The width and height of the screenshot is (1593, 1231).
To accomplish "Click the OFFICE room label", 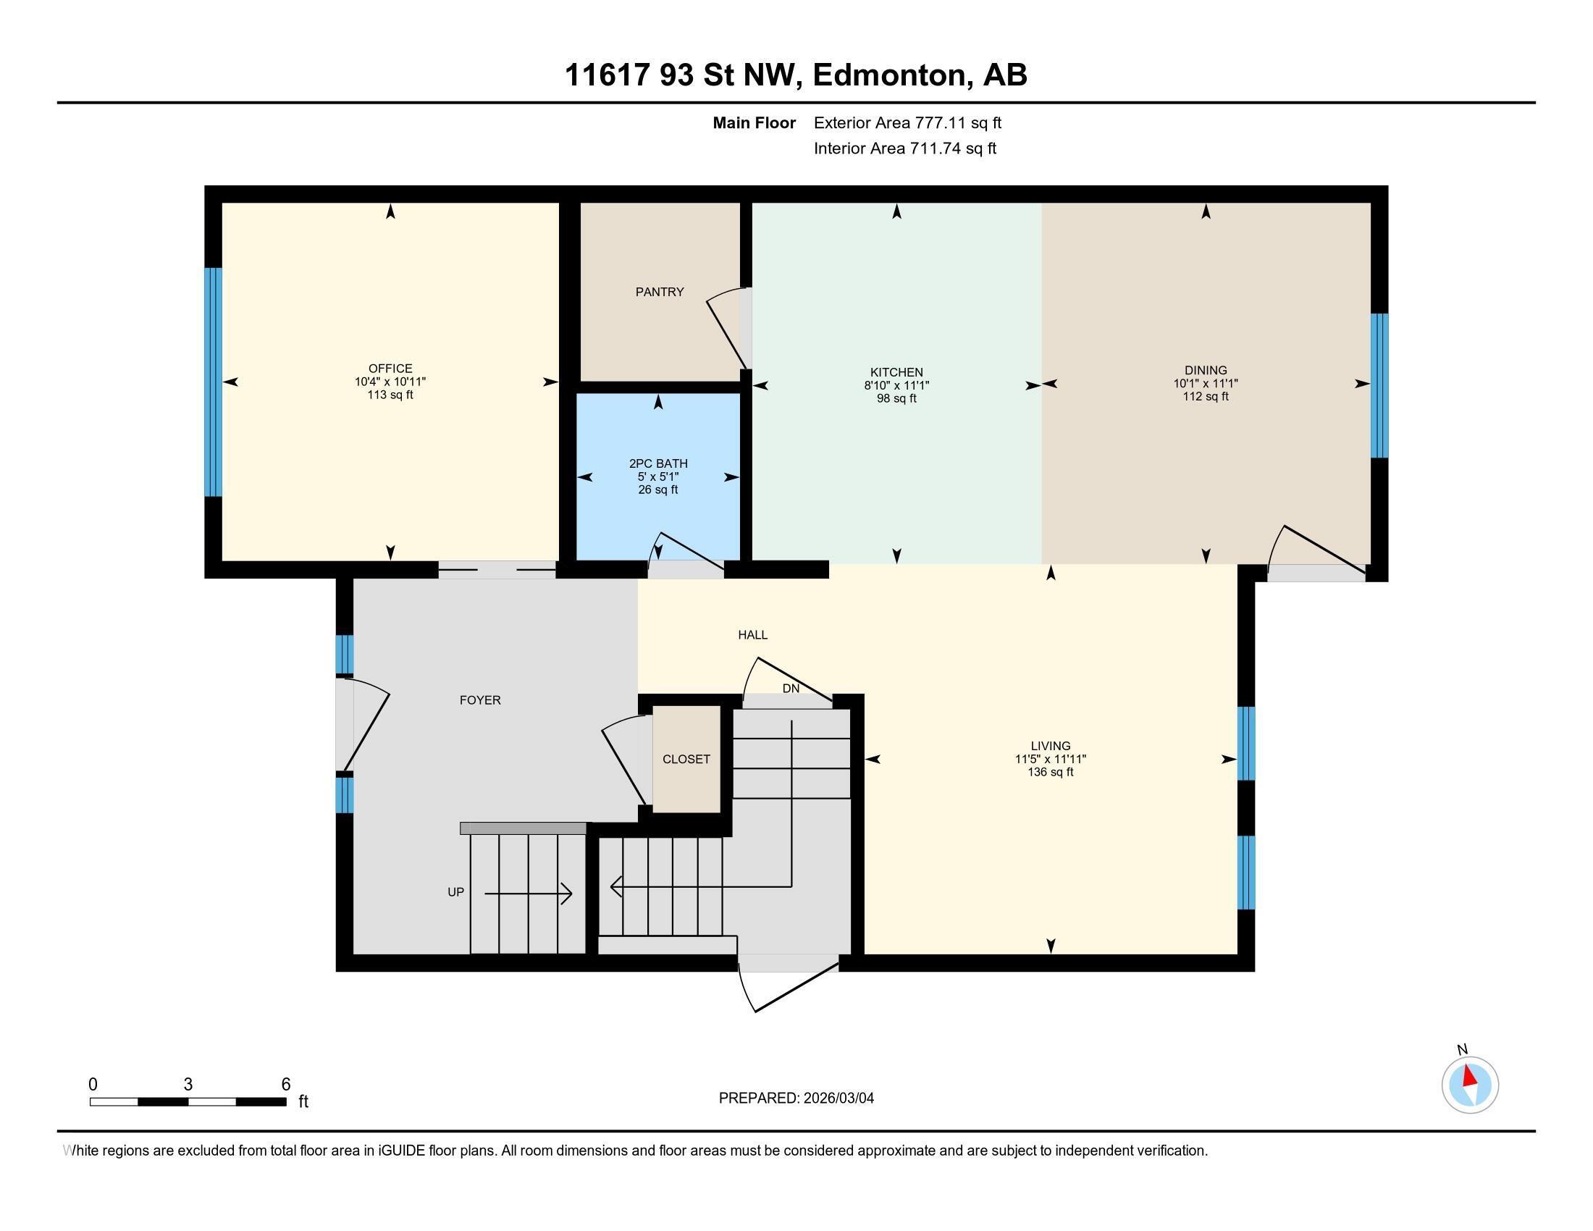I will (x=390, y=369).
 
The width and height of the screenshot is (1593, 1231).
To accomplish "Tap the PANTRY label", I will (x=660, y=292).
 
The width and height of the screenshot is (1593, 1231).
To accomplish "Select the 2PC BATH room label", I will (x=658, y=463).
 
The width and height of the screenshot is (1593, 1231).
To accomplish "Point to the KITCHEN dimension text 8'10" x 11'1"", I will (x=896, y=385).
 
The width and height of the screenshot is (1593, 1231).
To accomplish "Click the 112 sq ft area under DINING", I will (x=1205, y=397).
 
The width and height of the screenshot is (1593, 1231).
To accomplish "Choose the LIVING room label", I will (x=1051, y=745).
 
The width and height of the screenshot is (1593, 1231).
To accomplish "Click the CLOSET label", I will (x=686, y=759).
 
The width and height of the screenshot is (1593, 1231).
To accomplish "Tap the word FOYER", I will (x=480, y=700).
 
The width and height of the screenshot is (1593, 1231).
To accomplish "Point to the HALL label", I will (x=753, y=634).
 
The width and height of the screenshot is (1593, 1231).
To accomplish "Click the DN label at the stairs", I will (x=791, y=689).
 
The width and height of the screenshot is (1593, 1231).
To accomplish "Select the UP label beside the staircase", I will (x=455, y=892).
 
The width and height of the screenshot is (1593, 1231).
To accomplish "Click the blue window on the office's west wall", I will (x=212, y=382).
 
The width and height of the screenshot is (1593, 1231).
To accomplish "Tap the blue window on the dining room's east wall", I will (x=1379, y=385).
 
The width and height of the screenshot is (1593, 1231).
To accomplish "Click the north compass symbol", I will (x=1470, y=1085).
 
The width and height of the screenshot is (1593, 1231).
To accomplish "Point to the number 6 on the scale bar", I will (x=286, y=1084).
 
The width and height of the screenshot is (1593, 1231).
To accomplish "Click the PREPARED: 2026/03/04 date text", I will (x=796, y=1098).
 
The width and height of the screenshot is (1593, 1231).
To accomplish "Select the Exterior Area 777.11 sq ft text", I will (x=907, y=122).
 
